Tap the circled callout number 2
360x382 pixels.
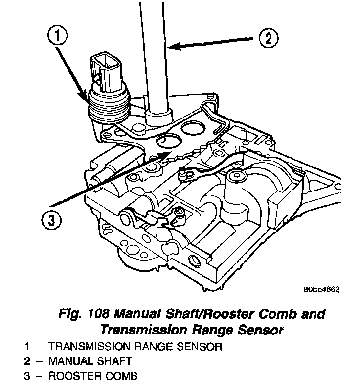268,38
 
